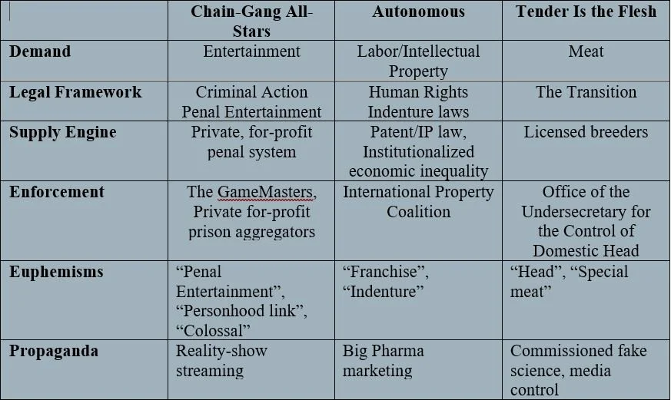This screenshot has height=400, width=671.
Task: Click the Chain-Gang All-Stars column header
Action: (x=251, y=21)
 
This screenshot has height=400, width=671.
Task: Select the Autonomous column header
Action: (x=419, y=12)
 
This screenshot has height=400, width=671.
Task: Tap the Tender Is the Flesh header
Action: (x=586, y=12)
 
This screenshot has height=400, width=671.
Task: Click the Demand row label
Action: (x=40, y=51)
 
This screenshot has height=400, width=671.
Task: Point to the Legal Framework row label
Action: (x=75, y=92)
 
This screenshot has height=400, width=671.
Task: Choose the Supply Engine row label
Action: (x=63, y=132)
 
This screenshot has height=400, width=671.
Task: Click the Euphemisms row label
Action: (x=56, y=272)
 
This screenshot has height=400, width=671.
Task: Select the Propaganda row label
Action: (x=54, y=351)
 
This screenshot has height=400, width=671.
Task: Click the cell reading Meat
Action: (x=586, y=51)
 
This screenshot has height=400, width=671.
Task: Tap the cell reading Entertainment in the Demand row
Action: (x=251, y=51)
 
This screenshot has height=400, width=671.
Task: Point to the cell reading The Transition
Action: (x=586, y=92)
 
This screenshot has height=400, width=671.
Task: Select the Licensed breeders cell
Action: (x=586, y=132)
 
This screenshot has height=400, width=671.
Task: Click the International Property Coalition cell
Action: (x=419, y=201)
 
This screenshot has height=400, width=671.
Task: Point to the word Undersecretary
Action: (x=586, y=211)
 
